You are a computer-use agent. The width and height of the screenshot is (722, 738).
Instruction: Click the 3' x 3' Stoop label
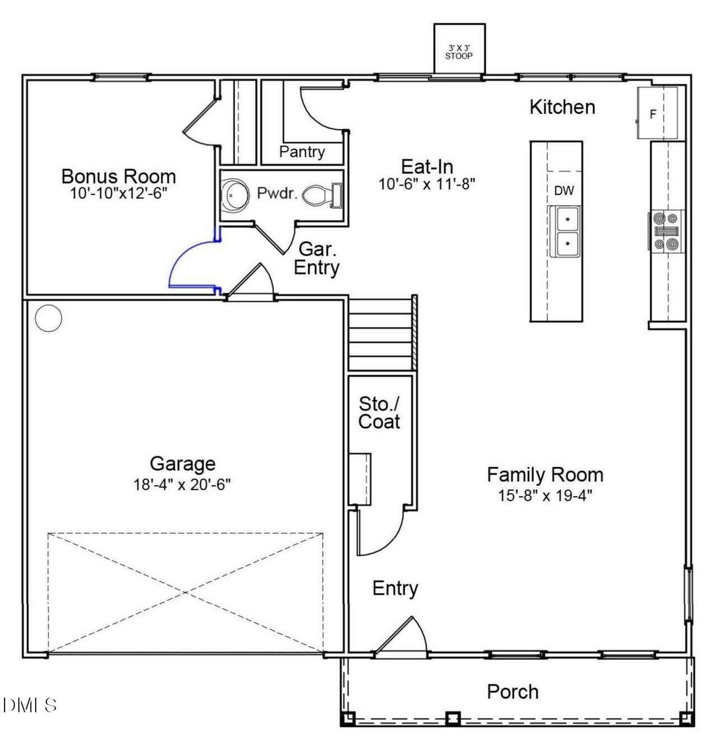(x=459, y=52)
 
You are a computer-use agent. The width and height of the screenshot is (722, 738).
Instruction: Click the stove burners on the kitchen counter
(x=666, y=230)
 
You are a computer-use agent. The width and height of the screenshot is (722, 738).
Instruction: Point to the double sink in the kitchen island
(x=565, y=231)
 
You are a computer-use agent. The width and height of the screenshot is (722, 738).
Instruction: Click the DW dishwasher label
(x=563, y=191)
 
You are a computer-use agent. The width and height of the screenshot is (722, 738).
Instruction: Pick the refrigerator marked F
(x=657, y=113)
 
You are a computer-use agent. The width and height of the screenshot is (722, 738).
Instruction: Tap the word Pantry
(x=302, y=152)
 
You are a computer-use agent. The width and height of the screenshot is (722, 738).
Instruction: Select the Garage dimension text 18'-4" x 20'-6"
(x=182, y=484)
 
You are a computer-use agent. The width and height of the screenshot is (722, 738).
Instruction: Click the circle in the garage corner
(x=48, y=319)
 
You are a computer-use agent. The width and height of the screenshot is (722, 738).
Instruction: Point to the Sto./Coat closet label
(x=379, y=413)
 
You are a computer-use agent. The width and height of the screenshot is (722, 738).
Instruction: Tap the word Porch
(x=512, y=692)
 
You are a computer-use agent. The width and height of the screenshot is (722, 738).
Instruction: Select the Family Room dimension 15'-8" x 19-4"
(x=544, y=496)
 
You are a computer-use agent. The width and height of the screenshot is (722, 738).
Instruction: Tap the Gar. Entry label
(x=316, y=258)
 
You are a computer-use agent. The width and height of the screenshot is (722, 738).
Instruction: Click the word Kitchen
(x=562, y=107)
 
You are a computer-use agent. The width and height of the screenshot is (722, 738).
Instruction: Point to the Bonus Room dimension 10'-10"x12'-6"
(x=118, y=193)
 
